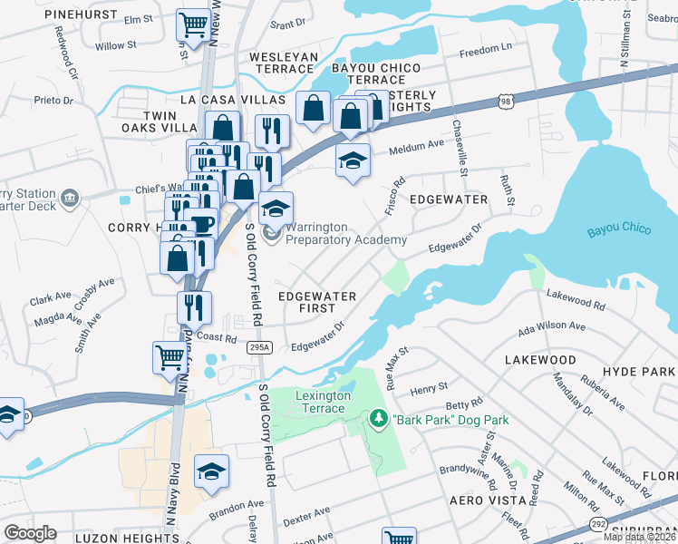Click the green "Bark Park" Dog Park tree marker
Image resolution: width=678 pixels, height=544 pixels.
[378, 419]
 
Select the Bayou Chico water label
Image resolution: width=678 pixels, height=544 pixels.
[619, 229]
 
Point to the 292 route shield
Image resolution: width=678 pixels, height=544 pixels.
[598, 524]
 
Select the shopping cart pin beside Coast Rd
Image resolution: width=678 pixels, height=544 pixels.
[169, 355]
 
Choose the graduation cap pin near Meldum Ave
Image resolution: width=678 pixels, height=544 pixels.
[354, 160]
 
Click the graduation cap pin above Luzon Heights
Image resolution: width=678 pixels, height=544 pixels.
[211, 471]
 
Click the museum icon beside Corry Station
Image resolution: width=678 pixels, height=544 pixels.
[69, 198]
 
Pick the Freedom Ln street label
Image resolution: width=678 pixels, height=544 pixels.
[486, 52]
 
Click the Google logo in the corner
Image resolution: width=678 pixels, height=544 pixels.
[31, 533]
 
